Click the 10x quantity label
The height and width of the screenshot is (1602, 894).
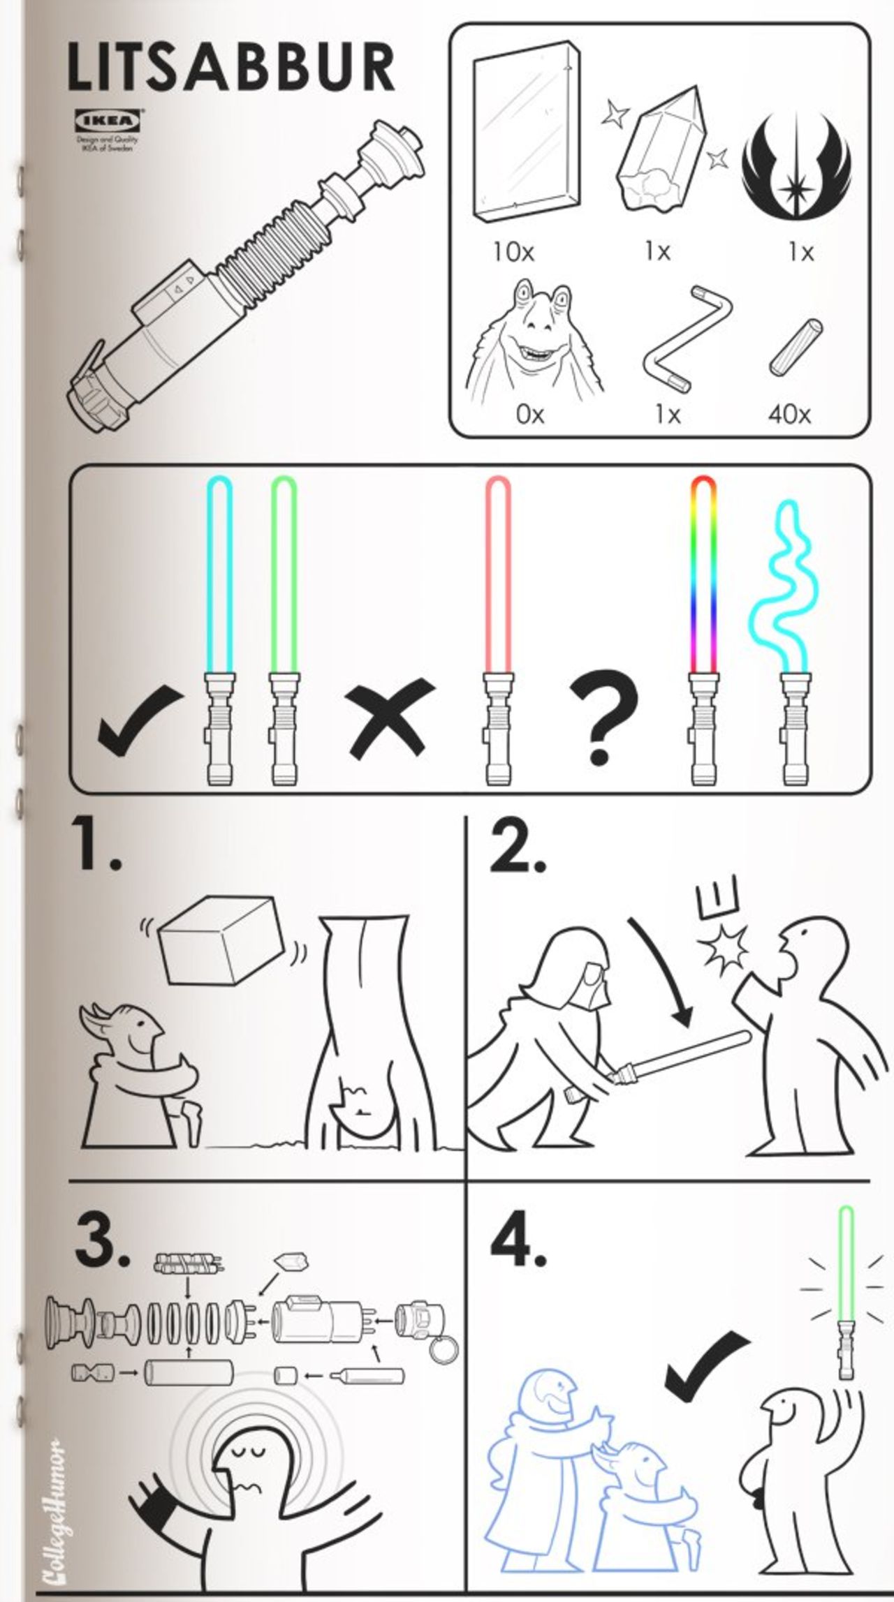pyautogui.click(x=513, y=252)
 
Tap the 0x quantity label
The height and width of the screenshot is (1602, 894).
pyautogui.click(x=529, y=415)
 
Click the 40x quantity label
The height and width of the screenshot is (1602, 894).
pyautogui.click(x=789, y=415)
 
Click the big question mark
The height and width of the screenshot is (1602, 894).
pyautogui.click(x=602, y=715)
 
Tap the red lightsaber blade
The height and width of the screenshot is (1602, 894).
pyautogui.click(x=497, y=572)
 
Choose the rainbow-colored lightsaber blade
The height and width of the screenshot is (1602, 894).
pyautogui.click(x=703, y=572)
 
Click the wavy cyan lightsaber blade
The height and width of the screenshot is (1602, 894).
pyautogui.click(x=782, y=586)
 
